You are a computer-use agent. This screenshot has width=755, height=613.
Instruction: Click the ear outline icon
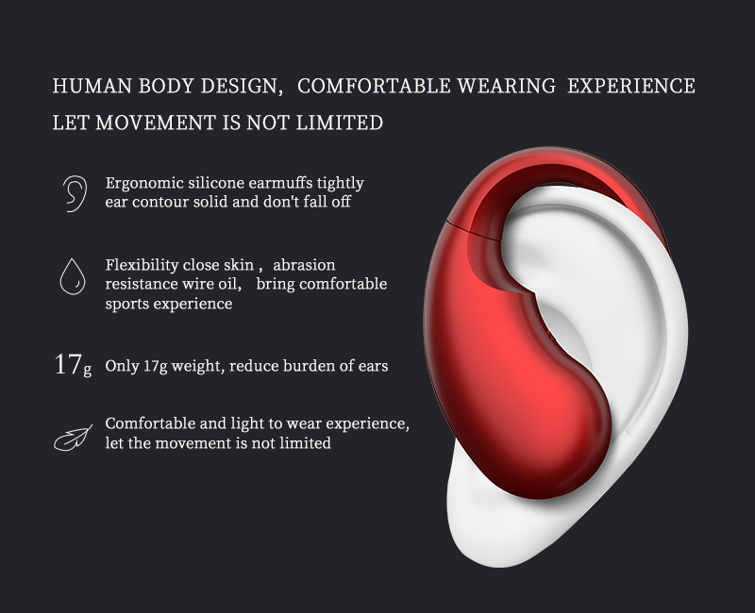coord(75,193)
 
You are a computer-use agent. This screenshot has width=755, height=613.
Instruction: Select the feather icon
coord(73,438)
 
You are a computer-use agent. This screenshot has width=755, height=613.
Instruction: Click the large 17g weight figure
coord(73,365)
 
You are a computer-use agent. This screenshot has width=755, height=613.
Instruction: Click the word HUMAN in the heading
coord(92,86)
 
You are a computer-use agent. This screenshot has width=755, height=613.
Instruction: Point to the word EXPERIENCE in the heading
coord(630,86)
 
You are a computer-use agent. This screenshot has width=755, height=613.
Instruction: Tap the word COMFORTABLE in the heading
coord(374,86)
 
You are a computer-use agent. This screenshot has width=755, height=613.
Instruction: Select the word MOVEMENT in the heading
coord(155,123)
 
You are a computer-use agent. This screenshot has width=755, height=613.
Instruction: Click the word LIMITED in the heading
coord(339,123)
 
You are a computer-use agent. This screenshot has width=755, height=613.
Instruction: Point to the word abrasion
coord(304,265)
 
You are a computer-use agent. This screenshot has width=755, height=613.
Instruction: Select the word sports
coord(127,305)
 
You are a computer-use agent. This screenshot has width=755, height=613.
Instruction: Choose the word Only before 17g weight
coord(122,366)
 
